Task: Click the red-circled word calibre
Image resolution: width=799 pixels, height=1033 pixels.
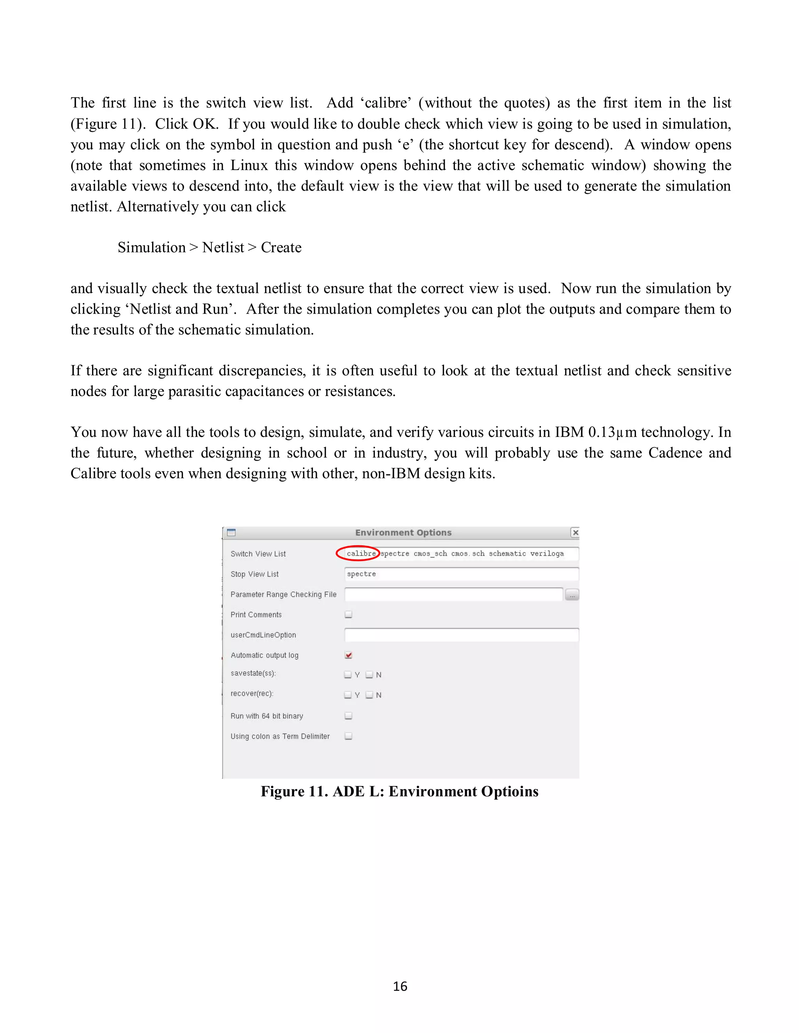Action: (x=361, y=554)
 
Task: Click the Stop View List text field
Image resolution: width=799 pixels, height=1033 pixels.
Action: (x=461, y=574)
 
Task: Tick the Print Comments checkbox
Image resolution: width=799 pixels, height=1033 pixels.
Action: (x=348, y=614)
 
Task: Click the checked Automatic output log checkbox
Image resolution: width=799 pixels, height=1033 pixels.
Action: (x=348, y=655)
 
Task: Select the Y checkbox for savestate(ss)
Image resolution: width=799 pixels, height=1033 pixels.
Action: (x=348, y=674)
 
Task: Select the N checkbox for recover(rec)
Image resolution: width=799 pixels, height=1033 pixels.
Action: (x=369, y=695)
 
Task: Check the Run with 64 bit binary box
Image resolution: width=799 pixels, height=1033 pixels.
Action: (x=348, y=716)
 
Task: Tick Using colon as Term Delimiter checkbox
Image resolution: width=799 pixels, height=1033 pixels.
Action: (x=348, y=736)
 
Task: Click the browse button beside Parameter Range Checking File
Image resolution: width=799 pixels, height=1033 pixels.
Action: (x=572, y=594)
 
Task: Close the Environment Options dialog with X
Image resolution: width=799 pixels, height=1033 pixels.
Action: (x=575, y=532)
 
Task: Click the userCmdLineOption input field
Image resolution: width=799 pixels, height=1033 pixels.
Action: (x=461, y=635)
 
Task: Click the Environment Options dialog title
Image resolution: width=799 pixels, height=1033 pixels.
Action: (x=403, y=532)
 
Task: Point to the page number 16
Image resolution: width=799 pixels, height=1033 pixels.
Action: (x=400, y=986)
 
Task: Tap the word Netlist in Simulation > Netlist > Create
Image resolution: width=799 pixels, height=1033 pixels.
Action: (x=223, y=248)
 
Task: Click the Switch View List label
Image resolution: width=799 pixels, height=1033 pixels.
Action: (x=258, y=554)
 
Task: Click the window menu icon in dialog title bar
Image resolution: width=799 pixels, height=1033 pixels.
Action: (x=231, y=532)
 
